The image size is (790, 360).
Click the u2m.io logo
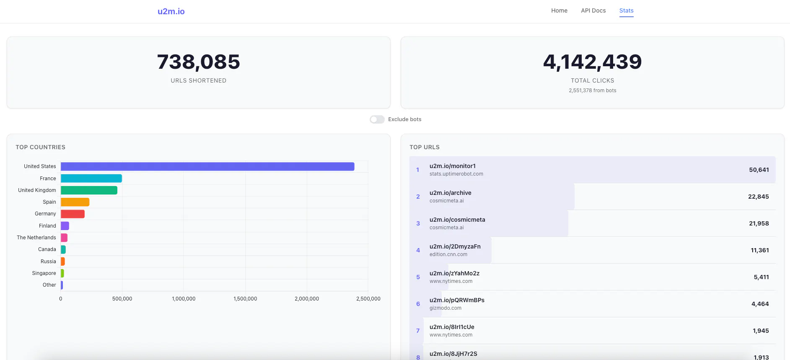[x=171, y=11]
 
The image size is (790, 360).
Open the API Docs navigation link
[x=593, y=10]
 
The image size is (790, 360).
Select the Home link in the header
[x=559, y=10]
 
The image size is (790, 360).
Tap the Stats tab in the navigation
[x=626, y=10]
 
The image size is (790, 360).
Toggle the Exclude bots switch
[x=377, y=119]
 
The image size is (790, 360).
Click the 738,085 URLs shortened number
[x=199, y=62]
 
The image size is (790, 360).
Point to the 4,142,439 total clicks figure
[x=592, y=62]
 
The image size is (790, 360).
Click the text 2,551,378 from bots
[x=592, y=91]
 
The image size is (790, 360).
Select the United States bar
[x=207, y=166]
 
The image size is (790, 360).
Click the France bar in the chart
[x=91, y=179]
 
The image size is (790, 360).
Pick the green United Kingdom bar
[x=89, y=190]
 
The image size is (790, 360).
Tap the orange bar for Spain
[x=75, y=202]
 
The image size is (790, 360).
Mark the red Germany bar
[x=73, y=214]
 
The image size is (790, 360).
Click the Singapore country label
[x=44, y=273]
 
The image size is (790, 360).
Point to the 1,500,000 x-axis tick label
[x=245, y=299]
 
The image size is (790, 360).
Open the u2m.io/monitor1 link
[x=452, y=166]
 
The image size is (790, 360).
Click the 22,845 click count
[x=758, y=197]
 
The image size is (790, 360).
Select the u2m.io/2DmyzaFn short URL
[x=455, y=246]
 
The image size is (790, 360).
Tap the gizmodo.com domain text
[x=445, y=308]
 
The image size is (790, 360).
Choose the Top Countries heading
[x=41, y=147]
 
